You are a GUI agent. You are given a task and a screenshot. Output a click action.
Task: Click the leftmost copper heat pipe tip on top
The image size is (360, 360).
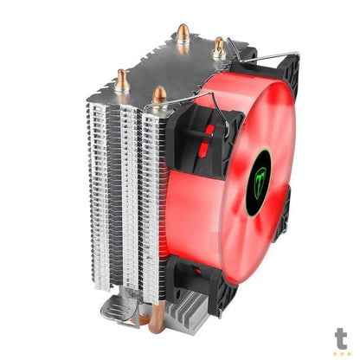click(121, 80)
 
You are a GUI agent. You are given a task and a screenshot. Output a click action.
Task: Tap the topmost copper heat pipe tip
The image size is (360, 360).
click(183, 33)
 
